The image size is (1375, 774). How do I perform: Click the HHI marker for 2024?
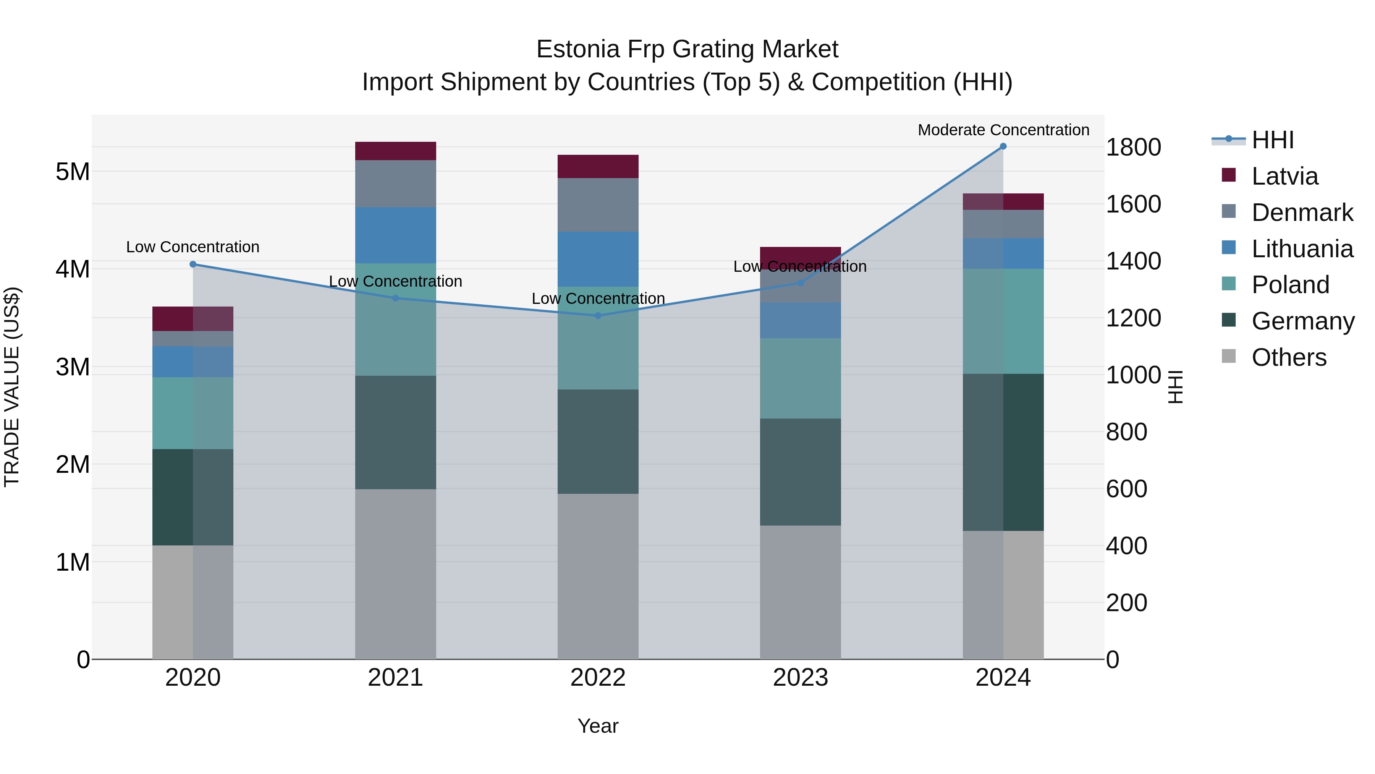[1003, 146]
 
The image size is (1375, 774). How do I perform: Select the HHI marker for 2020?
[193, 264]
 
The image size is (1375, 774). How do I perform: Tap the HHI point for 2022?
[598, 316]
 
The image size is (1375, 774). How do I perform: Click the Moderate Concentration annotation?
[1003, 130]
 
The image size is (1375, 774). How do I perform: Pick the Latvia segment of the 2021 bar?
[396, 151]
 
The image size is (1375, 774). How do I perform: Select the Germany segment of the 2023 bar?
[800, 472]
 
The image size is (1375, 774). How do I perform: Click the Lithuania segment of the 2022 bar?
[598, 259]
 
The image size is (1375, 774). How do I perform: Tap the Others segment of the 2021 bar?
[396, 574]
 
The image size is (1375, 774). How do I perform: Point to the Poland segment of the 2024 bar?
[1003, 321]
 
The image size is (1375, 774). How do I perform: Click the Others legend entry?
[1289, 357]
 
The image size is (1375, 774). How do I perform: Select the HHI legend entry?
[1273, 140]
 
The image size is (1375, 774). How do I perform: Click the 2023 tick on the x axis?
[800, 678]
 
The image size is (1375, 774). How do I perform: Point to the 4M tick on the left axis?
[73, 269]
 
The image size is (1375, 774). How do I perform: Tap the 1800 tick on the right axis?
[1133, 148]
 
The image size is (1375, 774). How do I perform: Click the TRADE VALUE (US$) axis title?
[12, 387]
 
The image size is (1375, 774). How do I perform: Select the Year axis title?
[598, 726]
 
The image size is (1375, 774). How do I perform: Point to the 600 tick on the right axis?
[1126, 489]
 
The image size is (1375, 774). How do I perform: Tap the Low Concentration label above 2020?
[193, 247]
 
